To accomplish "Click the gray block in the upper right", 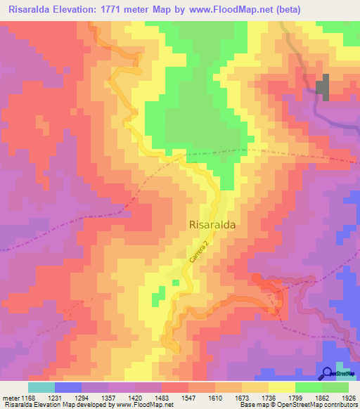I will [323, 87].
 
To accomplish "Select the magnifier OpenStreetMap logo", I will [328, 374].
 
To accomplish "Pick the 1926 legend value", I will [340, 398].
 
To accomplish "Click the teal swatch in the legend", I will [41, 387].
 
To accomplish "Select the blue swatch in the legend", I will [67, 387].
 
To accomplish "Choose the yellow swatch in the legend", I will [282, 387].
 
